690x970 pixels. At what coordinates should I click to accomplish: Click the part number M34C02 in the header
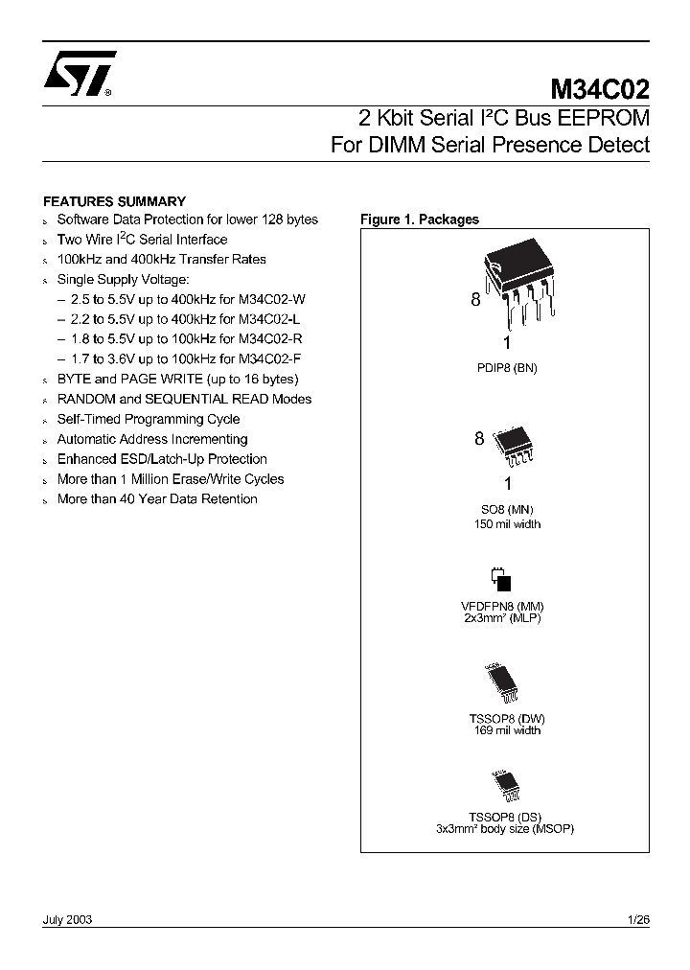pos(600,90)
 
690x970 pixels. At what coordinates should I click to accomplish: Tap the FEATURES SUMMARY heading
pos(115,201)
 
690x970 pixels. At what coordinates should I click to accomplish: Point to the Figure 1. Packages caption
pos(420,219)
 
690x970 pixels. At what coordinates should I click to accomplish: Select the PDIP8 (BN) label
pos(507,367)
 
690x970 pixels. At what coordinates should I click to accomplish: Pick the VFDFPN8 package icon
pos(501,579)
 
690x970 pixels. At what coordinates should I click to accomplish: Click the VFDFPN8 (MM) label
pos(503,607)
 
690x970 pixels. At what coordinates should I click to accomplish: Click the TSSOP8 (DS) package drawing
pos(504,786)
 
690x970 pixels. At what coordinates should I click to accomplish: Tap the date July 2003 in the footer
pos(67,919)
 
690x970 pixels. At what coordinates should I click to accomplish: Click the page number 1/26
pos(637,919)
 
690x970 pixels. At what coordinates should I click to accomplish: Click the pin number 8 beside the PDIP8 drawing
pos(474,300)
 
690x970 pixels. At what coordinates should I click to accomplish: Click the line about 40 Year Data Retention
pos(157,499)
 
